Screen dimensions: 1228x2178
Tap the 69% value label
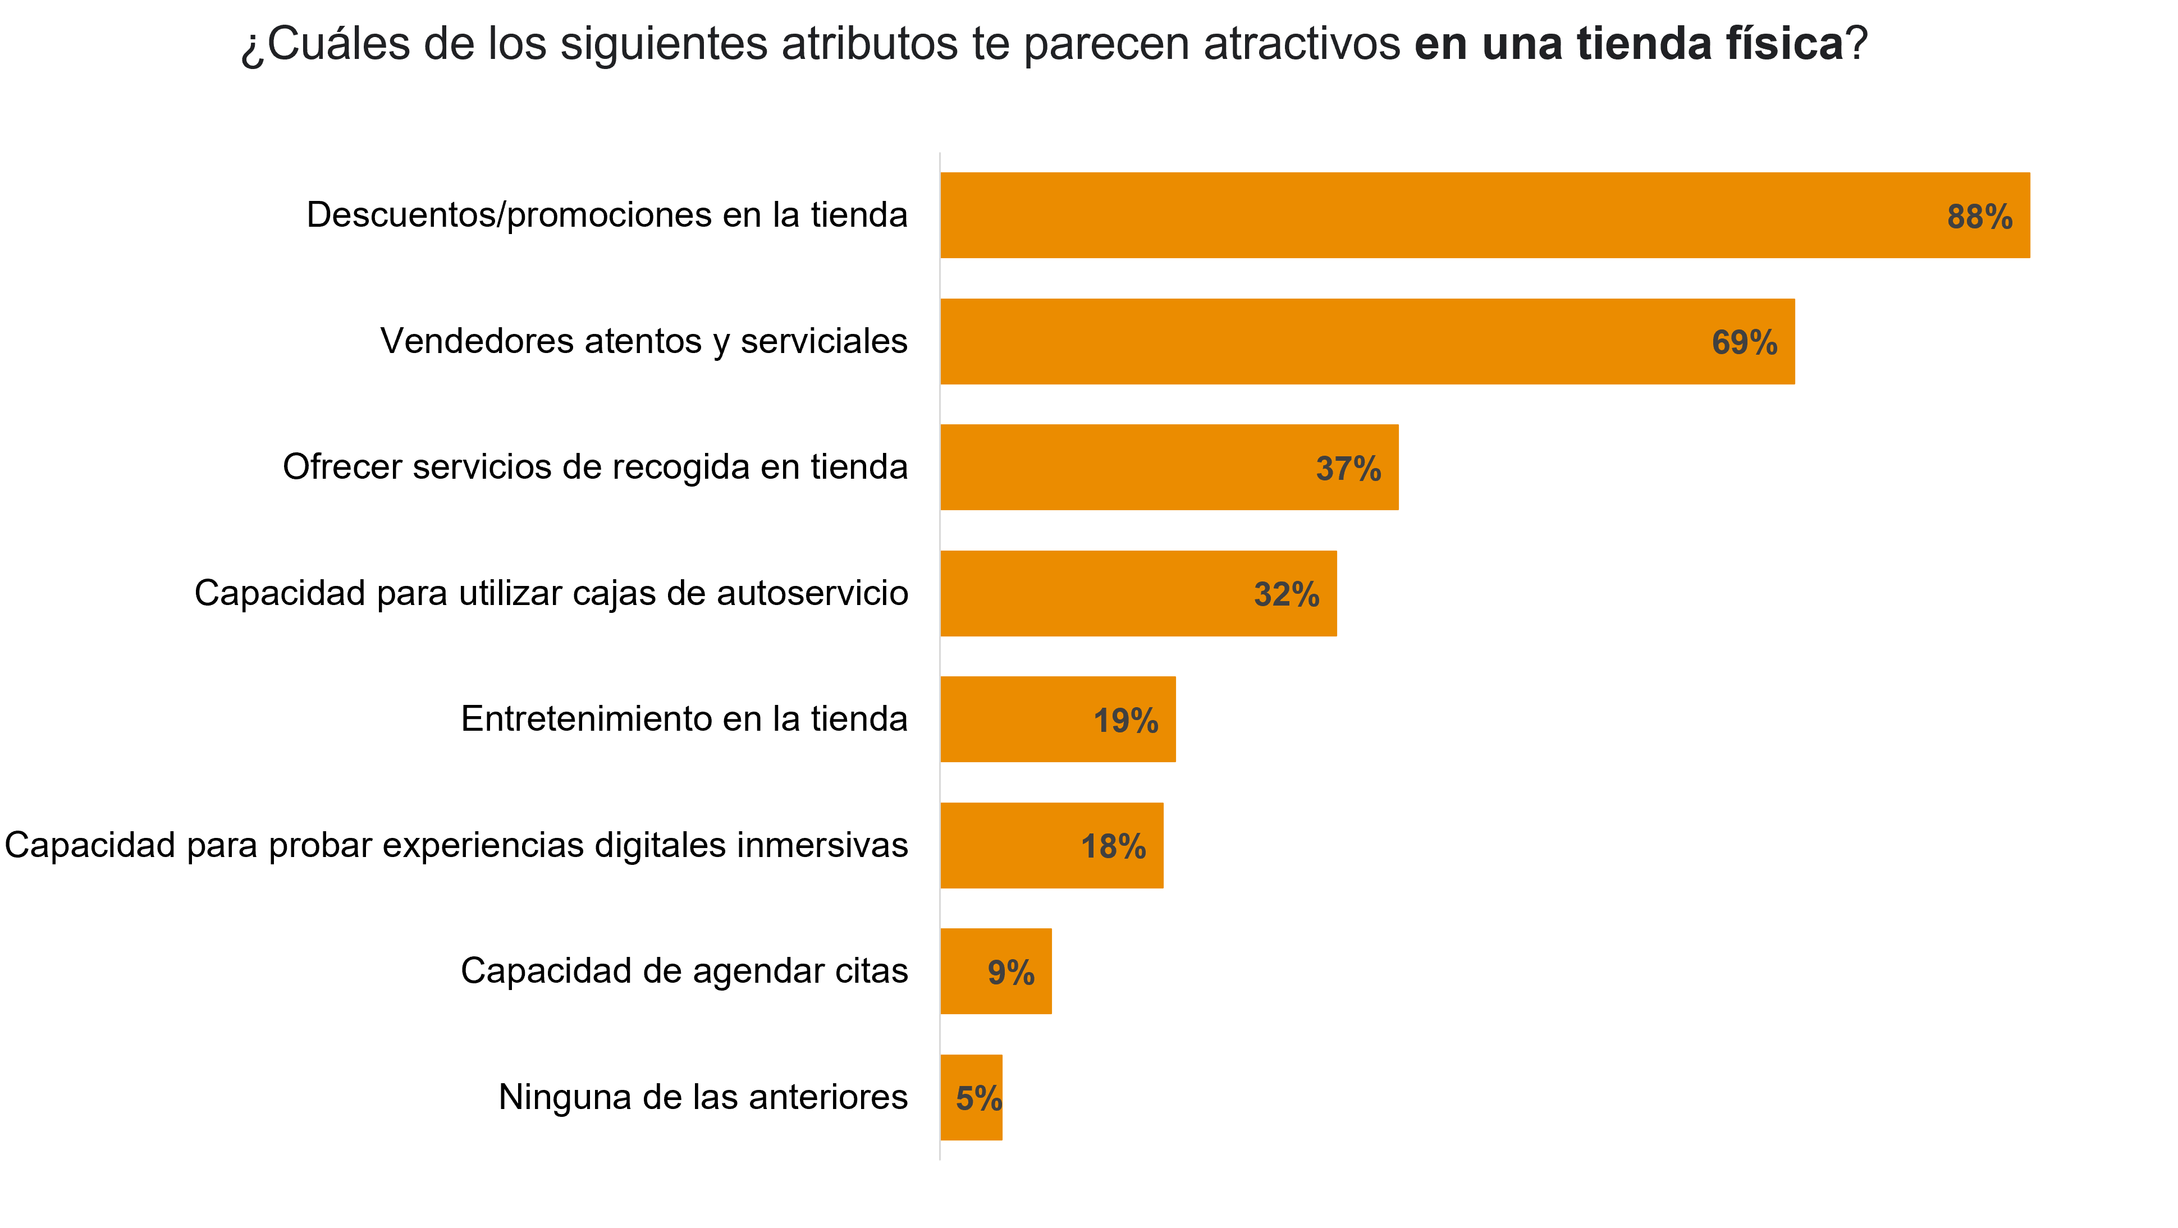pyautogui.click(x=1744, y=343)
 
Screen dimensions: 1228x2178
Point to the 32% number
pyautogui.click(x=1286, y=595)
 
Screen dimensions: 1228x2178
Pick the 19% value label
pyautogui.click(x=1125, y=721)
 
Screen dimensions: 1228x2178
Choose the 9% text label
pyautogui.click(x=1011, y=973)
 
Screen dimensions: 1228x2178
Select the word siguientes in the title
pyautogui.click(x=664, y=44)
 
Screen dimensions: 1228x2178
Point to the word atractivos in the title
pyautogui.click(x=1301, y=44)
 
